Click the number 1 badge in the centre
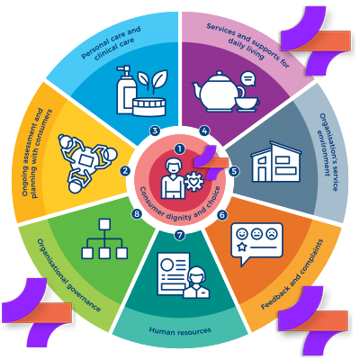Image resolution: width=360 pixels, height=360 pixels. [180, 148]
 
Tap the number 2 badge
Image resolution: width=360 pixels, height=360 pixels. [125, 171]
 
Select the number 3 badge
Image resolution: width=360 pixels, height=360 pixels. [155, 130]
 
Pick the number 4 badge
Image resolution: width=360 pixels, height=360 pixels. [205, 130]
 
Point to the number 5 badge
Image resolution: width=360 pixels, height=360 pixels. [234, 171]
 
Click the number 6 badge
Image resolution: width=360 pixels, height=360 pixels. [222, 215]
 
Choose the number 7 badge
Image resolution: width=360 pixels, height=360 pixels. [180, 236]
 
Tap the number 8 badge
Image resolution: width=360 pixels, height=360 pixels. [137, 214]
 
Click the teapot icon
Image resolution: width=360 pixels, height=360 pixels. [219, 92]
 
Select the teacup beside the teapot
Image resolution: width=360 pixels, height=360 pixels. [247, 103]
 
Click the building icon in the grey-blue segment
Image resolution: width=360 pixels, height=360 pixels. [276, 162]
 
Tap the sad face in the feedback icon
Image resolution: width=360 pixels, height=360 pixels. [272, 234]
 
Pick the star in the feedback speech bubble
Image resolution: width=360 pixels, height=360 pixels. [241, 247]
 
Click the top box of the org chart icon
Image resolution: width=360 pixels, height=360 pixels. [104, 224]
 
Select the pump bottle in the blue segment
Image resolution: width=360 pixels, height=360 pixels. [126, 90]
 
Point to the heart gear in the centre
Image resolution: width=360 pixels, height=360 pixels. [194, 182]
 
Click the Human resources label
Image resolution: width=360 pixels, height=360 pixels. [180, 330]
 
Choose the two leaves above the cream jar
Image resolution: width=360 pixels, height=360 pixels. [153, 79]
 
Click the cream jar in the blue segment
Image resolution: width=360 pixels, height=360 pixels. [149, 107]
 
